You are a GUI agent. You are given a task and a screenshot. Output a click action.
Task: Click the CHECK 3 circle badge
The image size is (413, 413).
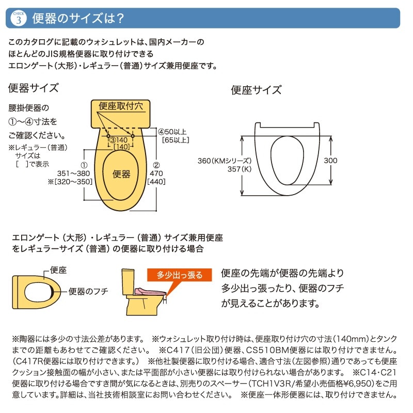click(x=18, y=19)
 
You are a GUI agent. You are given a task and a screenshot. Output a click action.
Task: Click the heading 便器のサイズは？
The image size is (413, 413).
click(x=77, y=19)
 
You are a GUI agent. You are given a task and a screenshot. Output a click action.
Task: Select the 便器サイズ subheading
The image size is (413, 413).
click(x=33, y=87)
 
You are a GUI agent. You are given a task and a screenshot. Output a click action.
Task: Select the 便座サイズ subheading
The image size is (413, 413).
click(x=256, y=90)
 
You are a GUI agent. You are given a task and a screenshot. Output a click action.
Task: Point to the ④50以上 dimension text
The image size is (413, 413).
click(x=172, y=131)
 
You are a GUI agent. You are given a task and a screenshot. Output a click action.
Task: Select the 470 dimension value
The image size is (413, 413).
click(x=156, y=173)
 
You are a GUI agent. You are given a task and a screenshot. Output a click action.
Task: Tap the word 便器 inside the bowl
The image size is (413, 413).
click(x=121, y=174)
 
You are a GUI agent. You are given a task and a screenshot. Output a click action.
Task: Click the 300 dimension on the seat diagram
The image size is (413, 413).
click(x=330, y=161)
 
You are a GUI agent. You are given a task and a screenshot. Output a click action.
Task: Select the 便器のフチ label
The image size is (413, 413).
click(x=88, y=292)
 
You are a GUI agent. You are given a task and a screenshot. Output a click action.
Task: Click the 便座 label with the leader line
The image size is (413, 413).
click(x=58, y=269)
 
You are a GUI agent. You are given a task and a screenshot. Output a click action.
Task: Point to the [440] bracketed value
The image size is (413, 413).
click(x=156, y=182)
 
